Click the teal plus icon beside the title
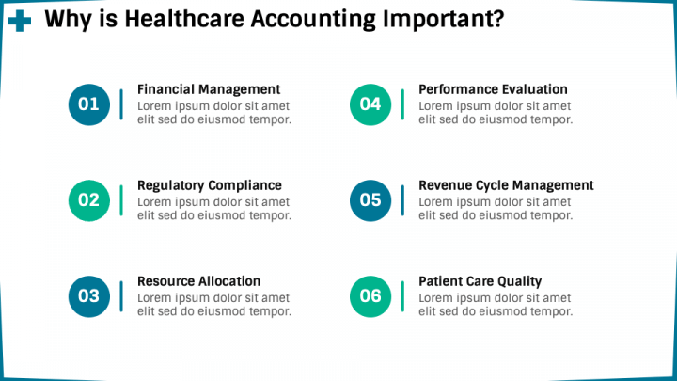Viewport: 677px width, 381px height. (18, 20)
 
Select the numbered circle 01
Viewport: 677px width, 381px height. (88, 104)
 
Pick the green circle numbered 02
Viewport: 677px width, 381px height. (88, 200)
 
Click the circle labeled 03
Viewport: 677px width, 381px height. (88, 296)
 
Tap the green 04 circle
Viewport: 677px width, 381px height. (370, 104)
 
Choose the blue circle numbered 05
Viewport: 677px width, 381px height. (370, 200)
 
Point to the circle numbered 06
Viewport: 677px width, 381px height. (370, 296)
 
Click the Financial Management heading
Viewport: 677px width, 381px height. (209, 89)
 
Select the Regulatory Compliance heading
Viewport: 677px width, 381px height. (210, 185)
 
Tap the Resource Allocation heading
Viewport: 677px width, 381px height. (199, 281)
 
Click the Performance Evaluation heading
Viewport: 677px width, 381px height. (493, 89)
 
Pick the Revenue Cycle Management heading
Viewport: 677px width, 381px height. (506, 185)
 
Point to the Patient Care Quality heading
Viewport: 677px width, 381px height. (480, 281)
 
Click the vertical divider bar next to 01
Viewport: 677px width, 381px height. (121, 104)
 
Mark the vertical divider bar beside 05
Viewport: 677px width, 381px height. (402, 200)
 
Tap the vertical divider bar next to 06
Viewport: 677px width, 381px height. (402, 296)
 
